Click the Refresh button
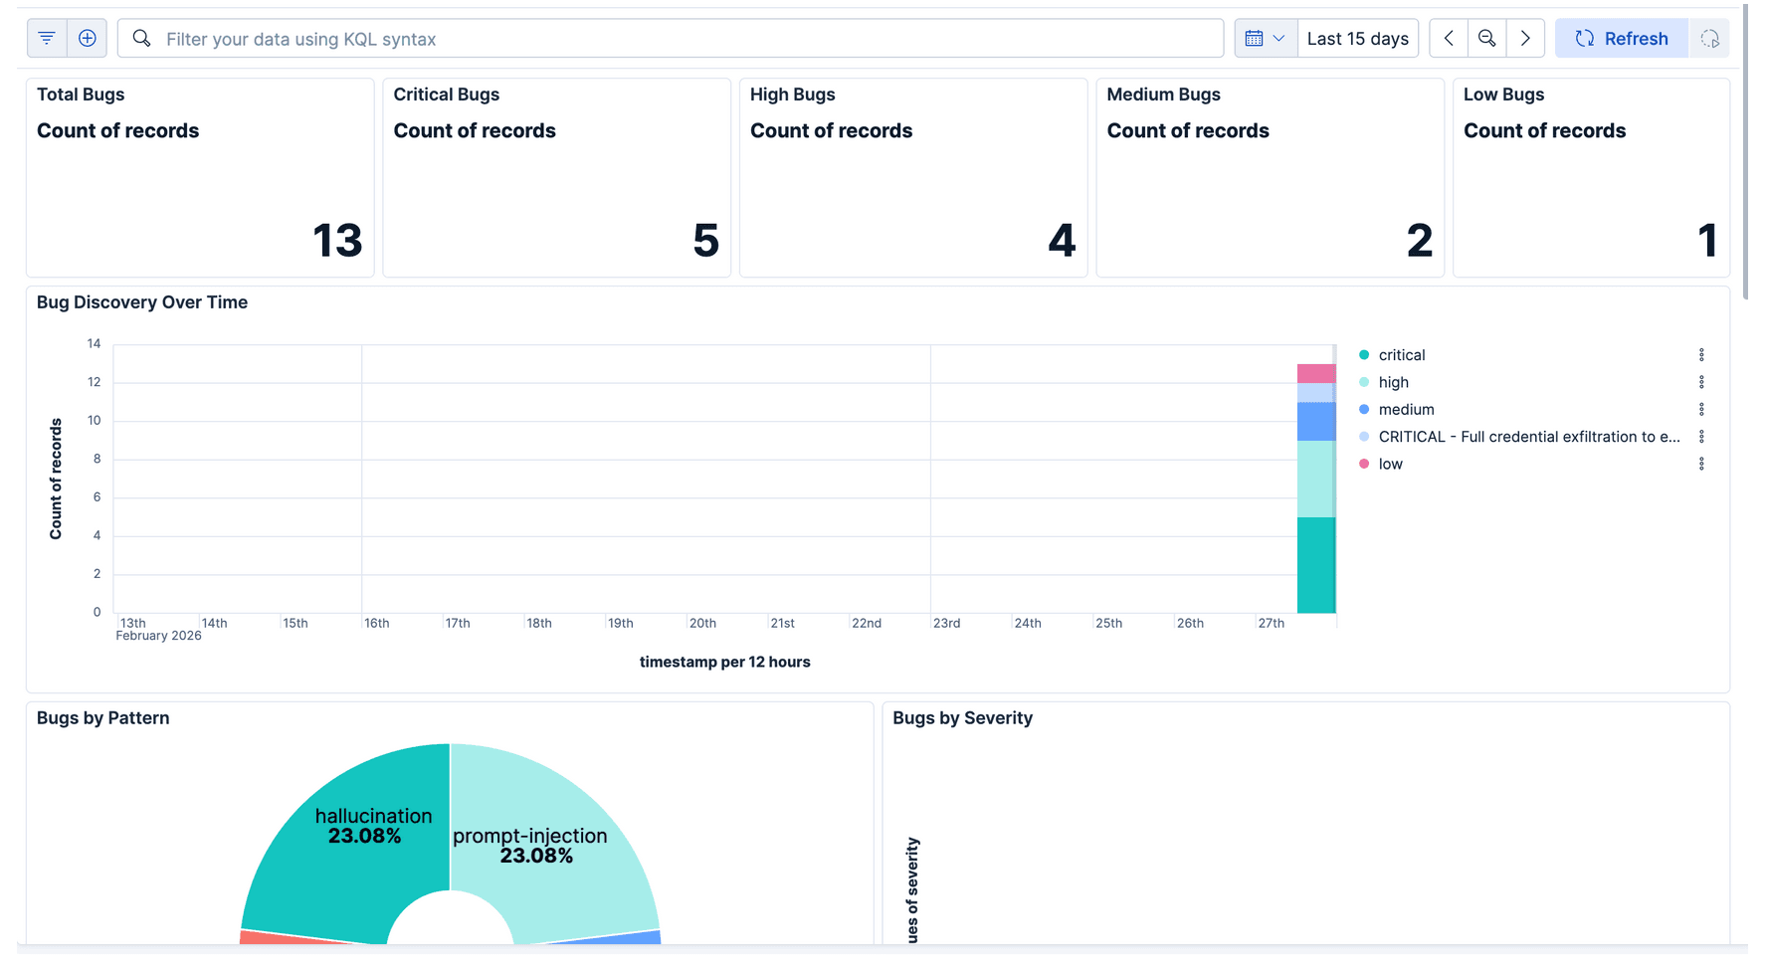point(1621,39)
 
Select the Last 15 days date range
point(1357,39)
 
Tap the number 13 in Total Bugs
point(337,241)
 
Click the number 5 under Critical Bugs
point(705,241)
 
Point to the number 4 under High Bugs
point(1062,241)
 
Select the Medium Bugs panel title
point(1163,95)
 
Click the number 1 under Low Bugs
point(1707,241)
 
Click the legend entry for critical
point(1401,355)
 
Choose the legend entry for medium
point(1406,410)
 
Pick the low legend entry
point(1390,465)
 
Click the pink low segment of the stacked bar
point(1315,374)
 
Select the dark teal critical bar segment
point(1315,564)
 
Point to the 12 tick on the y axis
point(95,382)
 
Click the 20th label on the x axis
point(702,624)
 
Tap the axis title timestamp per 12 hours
point(724,663)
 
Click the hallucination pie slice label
point(373,817)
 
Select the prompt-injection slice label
point(529,837)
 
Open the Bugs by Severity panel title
point(962,718)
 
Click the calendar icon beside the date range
point(1255,39)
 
